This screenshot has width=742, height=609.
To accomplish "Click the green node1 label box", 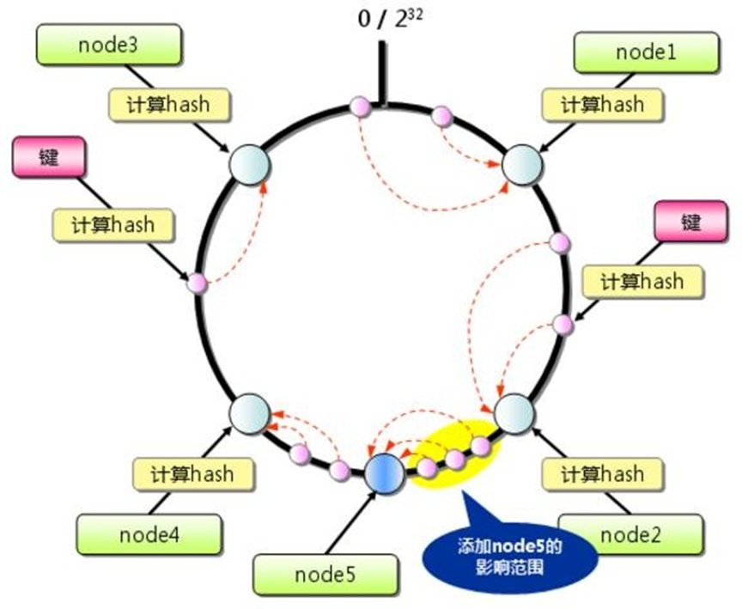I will click(647, 52).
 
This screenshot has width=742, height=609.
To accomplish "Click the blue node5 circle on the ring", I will click(383, 473).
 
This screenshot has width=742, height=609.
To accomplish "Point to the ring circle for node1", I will click(520, 163).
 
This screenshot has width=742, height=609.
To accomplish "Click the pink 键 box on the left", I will click(48, 160).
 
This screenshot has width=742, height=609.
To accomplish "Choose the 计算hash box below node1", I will click(602, 105).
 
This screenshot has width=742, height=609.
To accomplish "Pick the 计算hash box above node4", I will click(193, 472).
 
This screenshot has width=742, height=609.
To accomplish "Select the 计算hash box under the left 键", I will click(114, 225).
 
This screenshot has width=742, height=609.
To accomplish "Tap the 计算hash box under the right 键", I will click(642, 281).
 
